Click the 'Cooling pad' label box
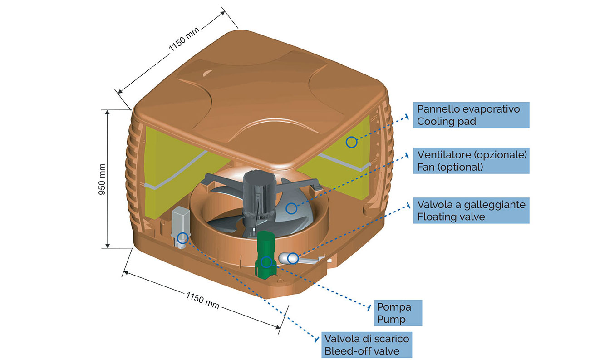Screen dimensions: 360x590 point(471,115)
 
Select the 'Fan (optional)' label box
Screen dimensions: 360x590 point(471,160)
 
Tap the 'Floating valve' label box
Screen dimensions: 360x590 point(471,211)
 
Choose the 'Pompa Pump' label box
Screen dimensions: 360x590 point(398,313)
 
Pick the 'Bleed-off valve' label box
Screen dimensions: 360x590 point(367,345)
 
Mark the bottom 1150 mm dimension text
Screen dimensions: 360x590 point(203,300)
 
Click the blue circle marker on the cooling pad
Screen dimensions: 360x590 point(351,142)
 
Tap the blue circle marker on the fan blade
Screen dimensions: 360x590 point(291,208)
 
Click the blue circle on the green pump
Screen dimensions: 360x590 point(267,262)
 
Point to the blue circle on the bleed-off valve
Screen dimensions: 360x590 point(182,237)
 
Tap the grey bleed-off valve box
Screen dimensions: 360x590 point(181,222)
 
